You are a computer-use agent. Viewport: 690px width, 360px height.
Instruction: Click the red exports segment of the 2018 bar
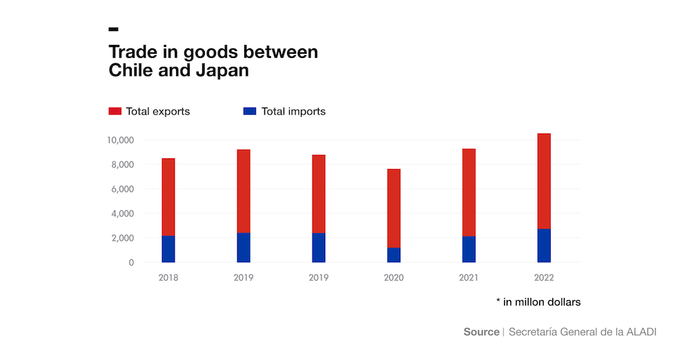(x=168, y=197)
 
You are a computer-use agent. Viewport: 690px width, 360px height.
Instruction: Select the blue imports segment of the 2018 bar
(x=168, y=249)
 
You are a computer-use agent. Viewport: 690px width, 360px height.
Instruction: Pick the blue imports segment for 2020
(x=394, y=255)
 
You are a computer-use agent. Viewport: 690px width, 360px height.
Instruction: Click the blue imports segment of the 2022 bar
(x=544, y=246)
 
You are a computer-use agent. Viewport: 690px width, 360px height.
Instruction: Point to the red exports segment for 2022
(x=544, y=181)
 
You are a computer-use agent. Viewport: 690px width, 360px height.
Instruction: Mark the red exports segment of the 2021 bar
(x=469, y=192)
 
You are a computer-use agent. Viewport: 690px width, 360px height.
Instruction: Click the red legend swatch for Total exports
(x=115, y=111)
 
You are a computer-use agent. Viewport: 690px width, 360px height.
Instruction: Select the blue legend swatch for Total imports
(x=250, y=111)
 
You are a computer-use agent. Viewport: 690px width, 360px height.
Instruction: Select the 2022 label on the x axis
(x=544, y=278)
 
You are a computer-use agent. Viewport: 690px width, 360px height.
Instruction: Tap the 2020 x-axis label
(x=393, y=278)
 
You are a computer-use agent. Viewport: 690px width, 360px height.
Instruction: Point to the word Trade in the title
(x=132, y=52)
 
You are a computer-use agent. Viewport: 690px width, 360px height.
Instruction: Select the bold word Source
(x=481, y=332)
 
